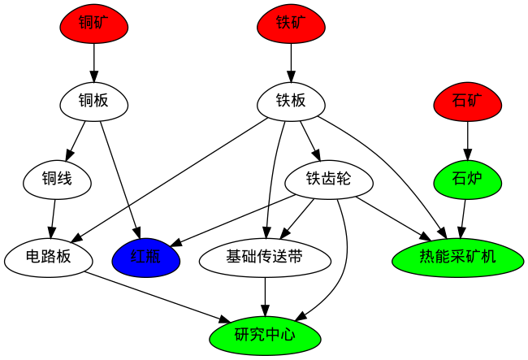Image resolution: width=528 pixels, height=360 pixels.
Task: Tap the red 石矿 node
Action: click(x=467, y=102)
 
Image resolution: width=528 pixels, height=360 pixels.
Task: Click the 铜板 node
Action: click(x=95, y=102)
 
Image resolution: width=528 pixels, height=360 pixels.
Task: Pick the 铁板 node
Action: click(x=291, y=102)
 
